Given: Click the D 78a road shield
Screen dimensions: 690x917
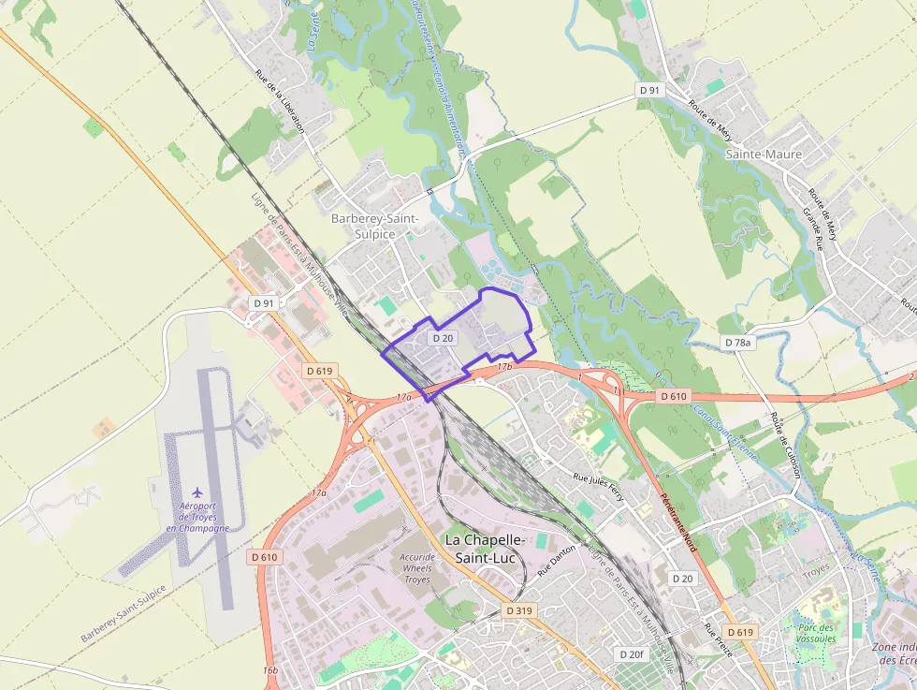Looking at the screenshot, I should coord(738,343).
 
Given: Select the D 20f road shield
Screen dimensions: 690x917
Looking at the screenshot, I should coord(632,653).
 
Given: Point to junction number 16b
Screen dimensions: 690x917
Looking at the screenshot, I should coord(270,670).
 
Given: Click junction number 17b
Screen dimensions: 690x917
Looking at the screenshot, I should coord(505,366).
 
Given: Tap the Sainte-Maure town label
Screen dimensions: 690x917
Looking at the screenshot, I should coord(764,154).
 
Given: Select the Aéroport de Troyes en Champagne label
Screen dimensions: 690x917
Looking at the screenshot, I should coord(197,517).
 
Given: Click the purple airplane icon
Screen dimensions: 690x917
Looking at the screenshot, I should coord(196,492).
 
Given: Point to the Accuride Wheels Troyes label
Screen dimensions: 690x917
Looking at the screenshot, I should coord(417,568).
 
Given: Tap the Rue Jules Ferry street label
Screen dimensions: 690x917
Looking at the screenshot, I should coord(598,487).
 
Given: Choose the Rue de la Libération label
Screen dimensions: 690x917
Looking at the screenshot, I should coord(280,102).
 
